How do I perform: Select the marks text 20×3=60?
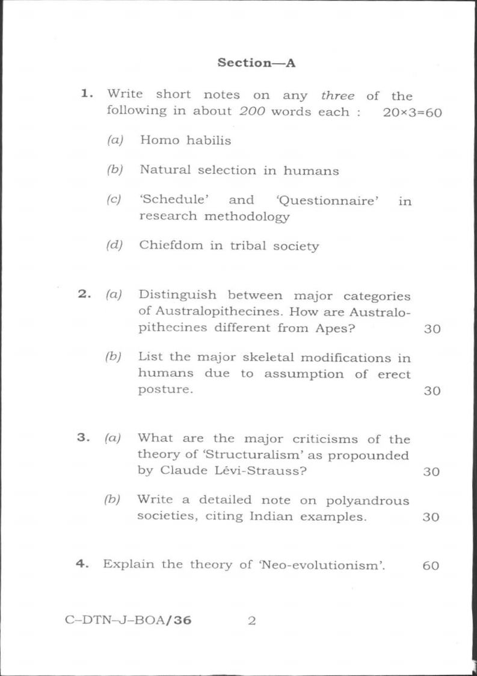pos(412,113)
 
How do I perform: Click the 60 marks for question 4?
pos(431,566)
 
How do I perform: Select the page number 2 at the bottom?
pos(252,621)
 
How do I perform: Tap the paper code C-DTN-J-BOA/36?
pos(128,621)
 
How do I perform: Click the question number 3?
pos(83,438)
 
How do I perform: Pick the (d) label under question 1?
pos(115,246)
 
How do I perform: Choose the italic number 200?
pos(253,112)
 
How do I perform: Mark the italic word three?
pos(337,96)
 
